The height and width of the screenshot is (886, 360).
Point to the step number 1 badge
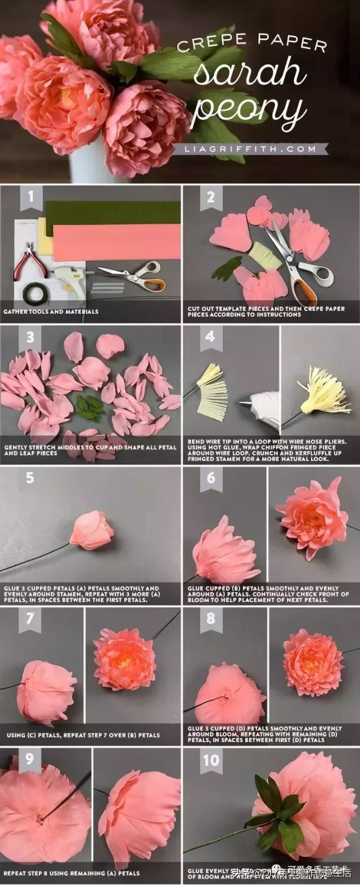pos(30,197)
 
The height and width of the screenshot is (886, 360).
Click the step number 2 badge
pos(210,197)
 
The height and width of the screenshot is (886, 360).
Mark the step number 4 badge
pos(210,337)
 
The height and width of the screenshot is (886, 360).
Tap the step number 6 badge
pos(210,477)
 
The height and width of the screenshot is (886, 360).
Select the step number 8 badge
pos(210,618)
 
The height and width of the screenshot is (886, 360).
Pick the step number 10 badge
pos(210,760)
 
